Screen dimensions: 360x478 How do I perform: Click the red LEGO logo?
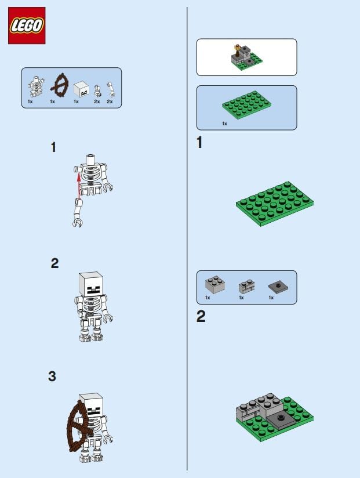click(x=27, y=26)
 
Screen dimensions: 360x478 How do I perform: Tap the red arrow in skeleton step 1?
click(x=79, y=186)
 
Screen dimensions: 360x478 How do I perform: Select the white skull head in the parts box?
click(x=81, y=89)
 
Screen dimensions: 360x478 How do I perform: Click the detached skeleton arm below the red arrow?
click(x=77, y=212)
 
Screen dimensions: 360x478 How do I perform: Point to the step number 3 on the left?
click(x=52, y=376)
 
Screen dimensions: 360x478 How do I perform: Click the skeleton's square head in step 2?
click(x=91, y=284)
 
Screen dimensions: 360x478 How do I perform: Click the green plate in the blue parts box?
click(x=247, y=104)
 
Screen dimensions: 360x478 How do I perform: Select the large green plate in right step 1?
click(x=275, y=204)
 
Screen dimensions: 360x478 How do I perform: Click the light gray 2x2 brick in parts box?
click(x=215, y=284)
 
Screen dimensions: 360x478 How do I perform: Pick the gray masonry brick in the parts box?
click(x=247, y=286)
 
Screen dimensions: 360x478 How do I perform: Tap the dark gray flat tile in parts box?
click(x=278, y=287)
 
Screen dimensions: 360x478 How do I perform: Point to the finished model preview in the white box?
click(x=246, y=57)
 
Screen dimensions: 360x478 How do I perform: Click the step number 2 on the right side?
click(x=201, y=316)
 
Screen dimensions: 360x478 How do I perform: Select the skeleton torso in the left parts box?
click(x=36, y=86)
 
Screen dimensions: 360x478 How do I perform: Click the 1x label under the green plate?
click(x=225, y=124)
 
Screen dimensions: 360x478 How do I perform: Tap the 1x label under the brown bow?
click(x=52, y=102)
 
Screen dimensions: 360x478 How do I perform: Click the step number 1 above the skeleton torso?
click(x=53, y=147)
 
